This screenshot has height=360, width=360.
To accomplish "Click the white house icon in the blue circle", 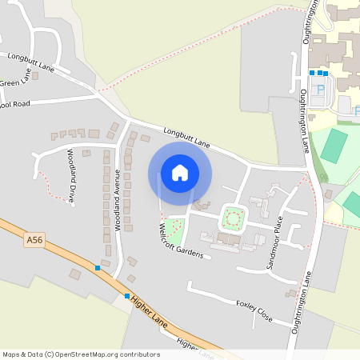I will pyautogui.click(x=179, y=173).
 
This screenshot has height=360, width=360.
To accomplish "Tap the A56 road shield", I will pyautogui.click(x=34, y=238).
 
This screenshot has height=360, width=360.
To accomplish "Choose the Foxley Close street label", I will pyautogui.click(x=254, y=311).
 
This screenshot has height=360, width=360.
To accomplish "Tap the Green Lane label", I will pyautogui.click(x=11, y=82).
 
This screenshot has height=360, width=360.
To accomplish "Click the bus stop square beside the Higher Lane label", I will pyautogui.click(x=126, y=296).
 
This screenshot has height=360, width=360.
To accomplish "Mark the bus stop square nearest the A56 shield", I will pyautogui.click(x=98, y=267).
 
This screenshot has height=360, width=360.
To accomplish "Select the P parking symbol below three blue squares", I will pyautogui.click(x=322, y=90).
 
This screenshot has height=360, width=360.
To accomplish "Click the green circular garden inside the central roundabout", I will pyautogui.click(x=233, y=215).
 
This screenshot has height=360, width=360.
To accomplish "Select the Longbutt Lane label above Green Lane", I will pyautogui.click(x=30, y=62).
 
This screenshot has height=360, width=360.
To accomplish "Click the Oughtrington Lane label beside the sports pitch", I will pyautogui.click(x=306, y=120).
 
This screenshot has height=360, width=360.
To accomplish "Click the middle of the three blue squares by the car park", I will pyautogui.click(x=319, y=73).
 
